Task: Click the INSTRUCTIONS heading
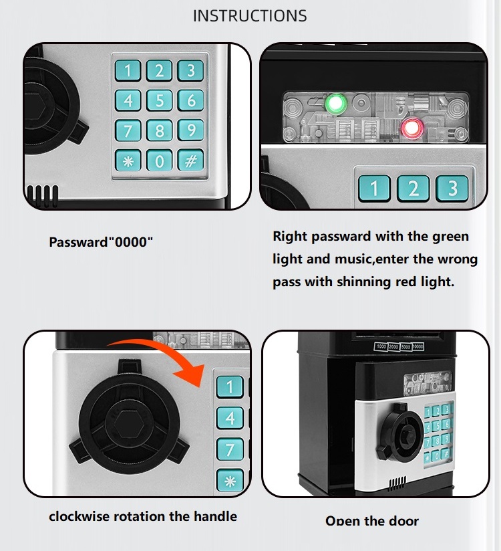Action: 250,16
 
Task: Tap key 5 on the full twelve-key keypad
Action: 160,100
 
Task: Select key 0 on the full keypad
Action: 160,160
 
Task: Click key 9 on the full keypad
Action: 191,130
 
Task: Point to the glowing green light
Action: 335,104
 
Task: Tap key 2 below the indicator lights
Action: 413,188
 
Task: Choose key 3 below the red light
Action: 453,188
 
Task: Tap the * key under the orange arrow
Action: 230,481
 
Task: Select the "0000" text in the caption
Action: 130,242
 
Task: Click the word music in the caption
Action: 350,259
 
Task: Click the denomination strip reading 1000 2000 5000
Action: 399,346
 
